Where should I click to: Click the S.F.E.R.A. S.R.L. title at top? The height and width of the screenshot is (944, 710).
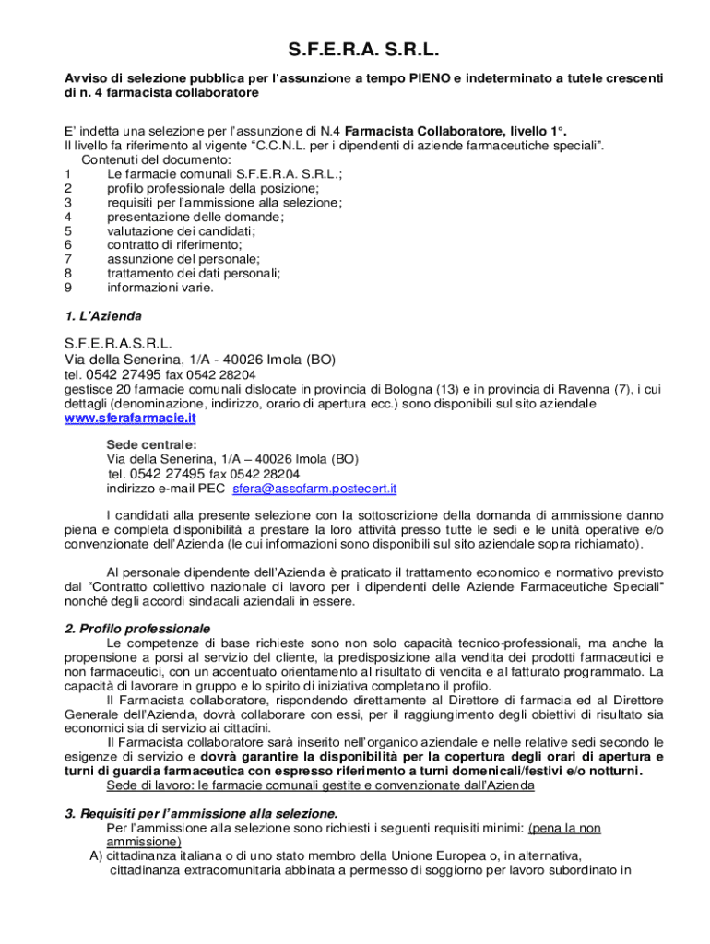point(355,49)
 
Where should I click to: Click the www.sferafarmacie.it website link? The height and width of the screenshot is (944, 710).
point(130,418)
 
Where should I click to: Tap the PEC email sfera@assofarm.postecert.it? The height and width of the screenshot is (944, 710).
point(314,488)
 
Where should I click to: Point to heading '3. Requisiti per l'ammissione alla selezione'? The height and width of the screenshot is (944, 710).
point(201,813)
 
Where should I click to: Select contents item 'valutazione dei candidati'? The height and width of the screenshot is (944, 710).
point(181,230)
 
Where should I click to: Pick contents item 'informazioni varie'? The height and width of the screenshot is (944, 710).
point(160,287)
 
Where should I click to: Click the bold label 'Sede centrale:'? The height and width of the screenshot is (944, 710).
point(151,444)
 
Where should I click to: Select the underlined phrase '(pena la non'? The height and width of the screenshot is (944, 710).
point(564,828)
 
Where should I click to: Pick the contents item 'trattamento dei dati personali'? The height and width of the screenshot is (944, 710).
point(194,273)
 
